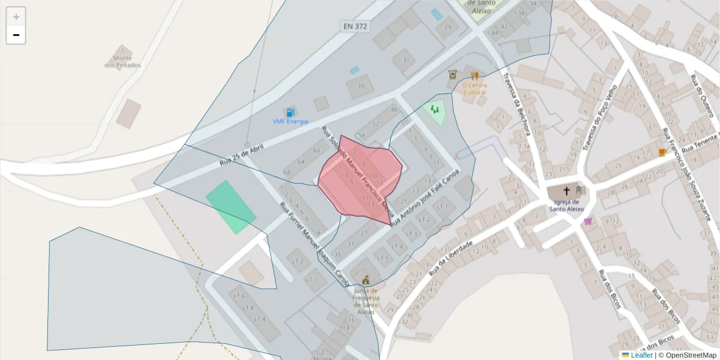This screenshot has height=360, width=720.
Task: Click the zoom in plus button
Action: pos(16,17)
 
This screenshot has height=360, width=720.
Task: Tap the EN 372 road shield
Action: pos(355,26)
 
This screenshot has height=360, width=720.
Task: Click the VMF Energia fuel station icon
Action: pos(290,112)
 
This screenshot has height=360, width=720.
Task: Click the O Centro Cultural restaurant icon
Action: pos(475,76)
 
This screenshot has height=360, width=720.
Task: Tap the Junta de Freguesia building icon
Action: pos(365,280)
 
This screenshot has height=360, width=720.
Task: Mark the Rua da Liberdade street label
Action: pos(451,259)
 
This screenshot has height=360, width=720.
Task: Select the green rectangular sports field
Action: pos(231,207)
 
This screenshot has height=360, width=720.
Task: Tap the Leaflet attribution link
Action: pos(641,355)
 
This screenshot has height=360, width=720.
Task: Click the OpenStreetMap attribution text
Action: pos(687,355)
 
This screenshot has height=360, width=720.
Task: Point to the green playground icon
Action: pos(434,109)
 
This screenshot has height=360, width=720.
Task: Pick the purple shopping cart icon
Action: pos(588,221)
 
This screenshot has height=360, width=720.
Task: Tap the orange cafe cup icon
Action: pos(662,152)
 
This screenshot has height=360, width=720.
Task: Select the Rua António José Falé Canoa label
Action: pos(424,197)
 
